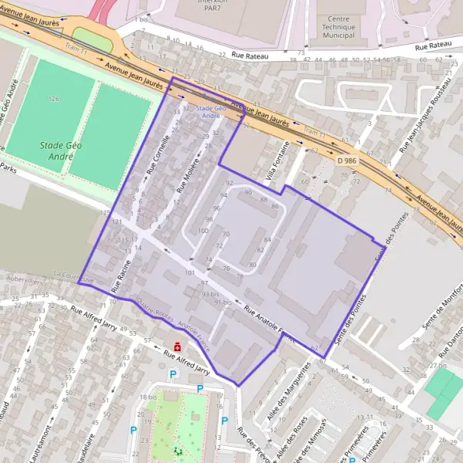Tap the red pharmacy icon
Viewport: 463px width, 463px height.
(178, 346)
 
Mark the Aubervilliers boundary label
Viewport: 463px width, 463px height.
(25, 278)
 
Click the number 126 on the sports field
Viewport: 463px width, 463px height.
(53, 100)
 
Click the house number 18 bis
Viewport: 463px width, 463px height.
(147, 397)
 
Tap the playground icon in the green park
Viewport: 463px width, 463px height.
(179, 450)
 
